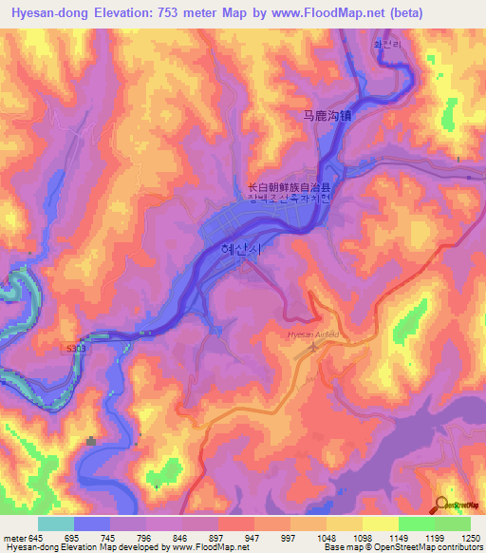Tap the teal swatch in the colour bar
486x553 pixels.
coord(55,524)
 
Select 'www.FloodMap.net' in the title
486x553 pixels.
coord(326,12)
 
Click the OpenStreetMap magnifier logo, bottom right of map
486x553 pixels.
coord(443,504)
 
